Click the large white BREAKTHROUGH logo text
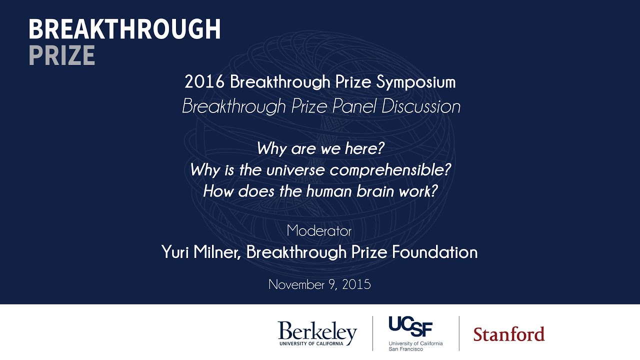[124, 30]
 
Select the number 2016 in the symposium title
[204, 82]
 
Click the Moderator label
[319, 231]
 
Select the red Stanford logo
[508, 334]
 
